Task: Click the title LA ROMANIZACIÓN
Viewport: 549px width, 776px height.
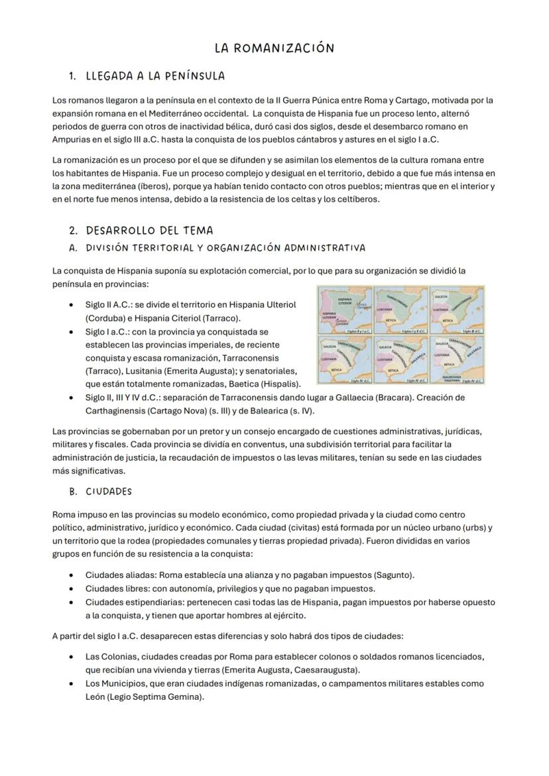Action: [274, 48]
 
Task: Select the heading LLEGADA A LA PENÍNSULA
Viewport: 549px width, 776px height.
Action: [155, 76]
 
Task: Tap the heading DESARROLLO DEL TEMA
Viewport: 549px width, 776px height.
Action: [149, 231]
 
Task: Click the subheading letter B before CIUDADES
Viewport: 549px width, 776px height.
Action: [72, 492]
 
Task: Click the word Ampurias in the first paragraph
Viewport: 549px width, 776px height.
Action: [74, 140]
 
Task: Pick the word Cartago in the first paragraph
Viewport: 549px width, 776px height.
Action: [410, 100]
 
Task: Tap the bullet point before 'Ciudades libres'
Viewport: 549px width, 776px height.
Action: [71, 588]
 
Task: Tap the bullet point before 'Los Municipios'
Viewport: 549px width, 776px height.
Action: [71, 684]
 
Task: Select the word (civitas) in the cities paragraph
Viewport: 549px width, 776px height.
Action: [276, 527]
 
